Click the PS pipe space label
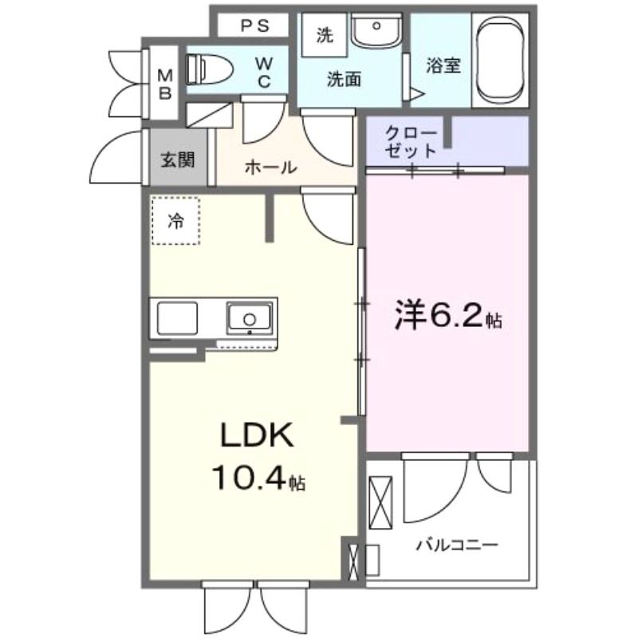pos(255,26)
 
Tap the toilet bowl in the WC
pos(209,70)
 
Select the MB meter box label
pos(165,85)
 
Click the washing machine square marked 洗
pos(325,36)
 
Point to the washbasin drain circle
pos(376,26)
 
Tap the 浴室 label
pos(443,66)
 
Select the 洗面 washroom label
pos(344,79)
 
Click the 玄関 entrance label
pos(178,160)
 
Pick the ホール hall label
pos(270,167)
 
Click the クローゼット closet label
pos(410,142)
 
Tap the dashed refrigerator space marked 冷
pos(175,221)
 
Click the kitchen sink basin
pos(250,317)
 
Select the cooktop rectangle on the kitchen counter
pos(177,318)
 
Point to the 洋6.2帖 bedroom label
pos(448,316)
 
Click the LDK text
pos(257,435)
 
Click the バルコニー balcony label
pos(457,545)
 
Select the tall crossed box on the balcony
pos(380,502)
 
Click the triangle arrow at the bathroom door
pos(416,93)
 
